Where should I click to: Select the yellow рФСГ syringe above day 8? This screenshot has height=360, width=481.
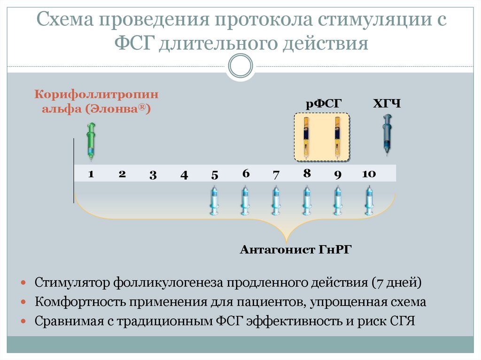(x=306, y=137)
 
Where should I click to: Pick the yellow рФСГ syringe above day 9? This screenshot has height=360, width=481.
(x=337, y=137)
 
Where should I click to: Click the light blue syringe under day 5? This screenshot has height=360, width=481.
(x=214, y=200)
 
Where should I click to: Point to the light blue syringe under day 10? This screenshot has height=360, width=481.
(x=369, y=200)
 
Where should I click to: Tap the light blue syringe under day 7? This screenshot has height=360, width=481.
(x=276, y=200)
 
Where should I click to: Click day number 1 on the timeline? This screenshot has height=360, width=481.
(x=91, y=174)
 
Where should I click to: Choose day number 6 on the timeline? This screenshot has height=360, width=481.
(x=246, y=173)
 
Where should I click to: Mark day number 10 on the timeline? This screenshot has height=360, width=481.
(x=369, y=174)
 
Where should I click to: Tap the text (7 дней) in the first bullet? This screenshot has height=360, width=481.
(x=396, y=283)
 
